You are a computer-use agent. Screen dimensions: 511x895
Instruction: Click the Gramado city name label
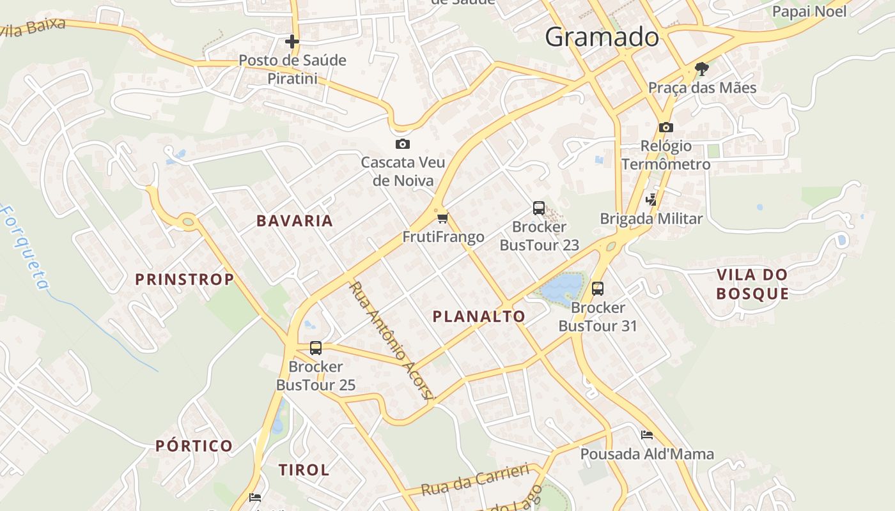pos(602,38)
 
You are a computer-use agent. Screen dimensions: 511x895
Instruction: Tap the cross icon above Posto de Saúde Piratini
pos(292,42)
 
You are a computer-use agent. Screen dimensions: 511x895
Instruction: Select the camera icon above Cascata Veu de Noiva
pos(402,144)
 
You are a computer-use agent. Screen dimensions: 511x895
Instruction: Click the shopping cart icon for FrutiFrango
pos(442,218)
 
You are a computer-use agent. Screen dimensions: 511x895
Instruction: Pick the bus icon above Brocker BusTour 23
pos(539,208)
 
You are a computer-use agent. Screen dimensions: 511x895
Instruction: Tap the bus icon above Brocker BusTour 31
pos(598,289)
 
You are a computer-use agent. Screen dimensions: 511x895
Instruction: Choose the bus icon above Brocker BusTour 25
pos(316,348)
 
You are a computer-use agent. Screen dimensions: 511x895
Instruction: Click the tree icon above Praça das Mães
pos(702,69)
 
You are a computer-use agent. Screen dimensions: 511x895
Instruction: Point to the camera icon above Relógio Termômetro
pos(665,127)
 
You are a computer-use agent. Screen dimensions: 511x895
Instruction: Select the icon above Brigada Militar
pos(651,200)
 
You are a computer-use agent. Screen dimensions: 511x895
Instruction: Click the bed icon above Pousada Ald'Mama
pos(647,435)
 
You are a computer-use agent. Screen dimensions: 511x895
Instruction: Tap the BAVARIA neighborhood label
pos(295,221)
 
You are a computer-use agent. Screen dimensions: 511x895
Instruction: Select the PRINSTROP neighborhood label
pos(185,279)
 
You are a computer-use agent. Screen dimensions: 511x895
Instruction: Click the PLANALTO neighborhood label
pos(479,316)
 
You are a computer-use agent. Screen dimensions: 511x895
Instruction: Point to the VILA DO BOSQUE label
pos(752,284)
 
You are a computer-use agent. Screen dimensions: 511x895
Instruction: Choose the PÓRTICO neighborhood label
pos(194,446)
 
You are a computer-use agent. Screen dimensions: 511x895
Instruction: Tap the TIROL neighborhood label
pos(304,470)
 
